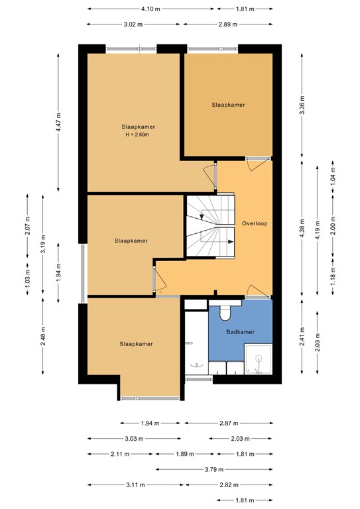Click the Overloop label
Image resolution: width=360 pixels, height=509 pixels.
pyautogui.click(x=255, y=223)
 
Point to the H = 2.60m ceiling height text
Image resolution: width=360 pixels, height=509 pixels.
pyautogui.click(x=139, y=135)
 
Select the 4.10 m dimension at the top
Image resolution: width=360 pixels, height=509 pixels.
pyautogui.click(x=150, y=10)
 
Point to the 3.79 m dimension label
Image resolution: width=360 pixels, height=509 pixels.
pyautogui.click(x=213, y=469)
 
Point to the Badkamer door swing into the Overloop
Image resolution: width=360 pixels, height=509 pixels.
pyautogui.click(x=253, y=290)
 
